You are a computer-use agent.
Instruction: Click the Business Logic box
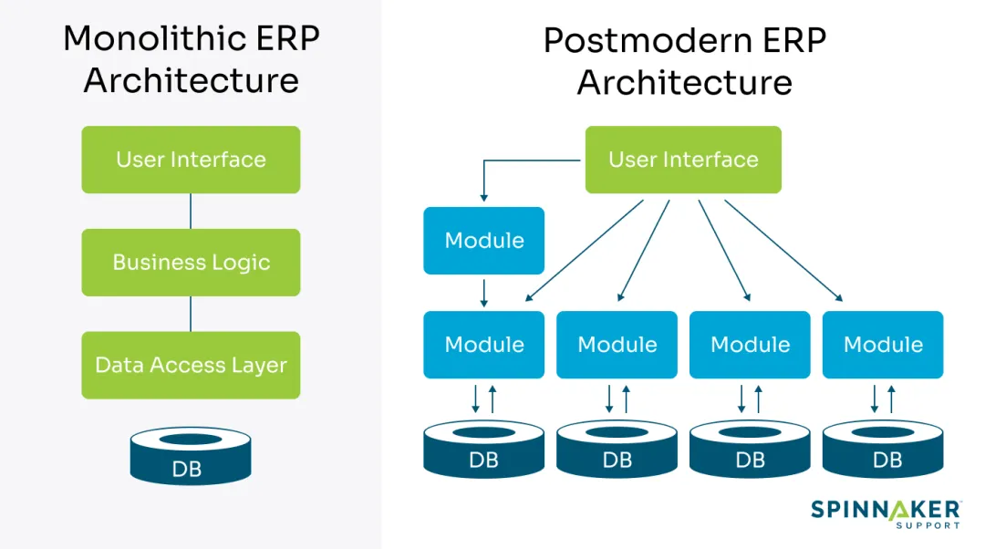191,263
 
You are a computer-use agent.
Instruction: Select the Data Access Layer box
191,365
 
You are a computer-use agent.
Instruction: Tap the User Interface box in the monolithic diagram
191,160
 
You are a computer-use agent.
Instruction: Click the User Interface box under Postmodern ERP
683,160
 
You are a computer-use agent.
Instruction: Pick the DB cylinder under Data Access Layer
190,456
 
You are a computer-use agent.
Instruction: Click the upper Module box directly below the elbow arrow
483,241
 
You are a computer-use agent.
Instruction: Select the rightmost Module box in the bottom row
883,345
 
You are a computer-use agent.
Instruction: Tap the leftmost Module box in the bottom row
483,345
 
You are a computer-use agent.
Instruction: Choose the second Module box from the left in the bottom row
617,345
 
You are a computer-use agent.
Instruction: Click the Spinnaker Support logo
885,513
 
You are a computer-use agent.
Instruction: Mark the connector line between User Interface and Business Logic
191,211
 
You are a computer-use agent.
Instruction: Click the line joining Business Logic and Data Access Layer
191,314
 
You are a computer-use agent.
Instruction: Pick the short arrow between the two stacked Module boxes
483,292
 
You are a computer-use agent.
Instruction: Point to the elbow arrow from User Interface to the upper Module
511,161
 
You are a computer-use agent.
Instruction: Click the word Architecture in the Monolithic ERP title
192,80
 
